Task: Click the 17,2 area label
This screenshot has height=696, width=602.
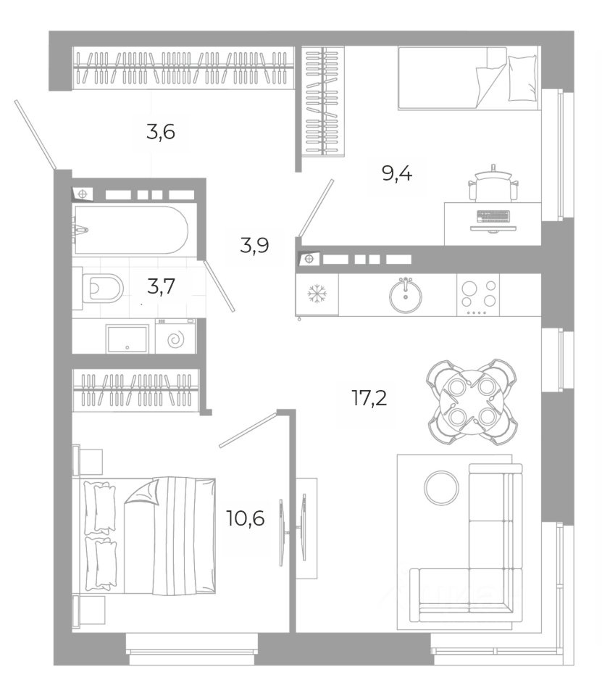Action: click(x=369, y=398)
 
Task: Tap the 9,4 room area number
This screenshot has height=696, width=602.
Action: click(x=397, y=173)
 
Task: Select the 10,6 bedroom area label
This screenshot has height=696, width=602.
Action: click(x=246, y=518)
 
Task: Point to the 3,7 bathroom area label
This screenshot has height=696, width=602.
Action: click(x=161, y=286)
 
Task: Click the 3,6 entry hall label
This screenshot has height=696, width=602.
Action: click(x=161, y=132)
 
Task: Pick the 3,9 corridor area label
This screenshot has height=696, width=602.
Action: click(x=254, y=244)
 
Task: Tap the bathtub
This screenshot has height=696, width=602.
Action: click(x=130, y=230)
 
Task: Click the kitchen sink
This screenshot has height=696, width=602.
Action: click(x=406, y=295)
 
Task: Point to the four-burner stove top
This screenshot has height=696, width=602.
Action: click(x=478, y=295)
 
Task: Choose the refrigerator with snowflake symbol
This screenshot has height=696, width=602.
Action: click(x=317, y=295)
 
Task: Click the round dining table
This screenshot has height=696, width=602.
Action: click(x=472, y=402)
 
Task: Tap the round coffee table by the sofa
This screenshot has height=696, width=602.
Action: click(x=442, y=486)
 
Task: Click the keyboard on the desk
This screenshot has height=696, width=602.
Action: click(x=493, y=216)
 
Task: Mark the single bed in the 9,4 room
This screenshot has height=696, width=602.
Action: click(x=469, y=78)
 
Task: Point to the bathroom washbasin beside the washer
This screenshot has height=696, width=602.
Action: click(x=127, y=339)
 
